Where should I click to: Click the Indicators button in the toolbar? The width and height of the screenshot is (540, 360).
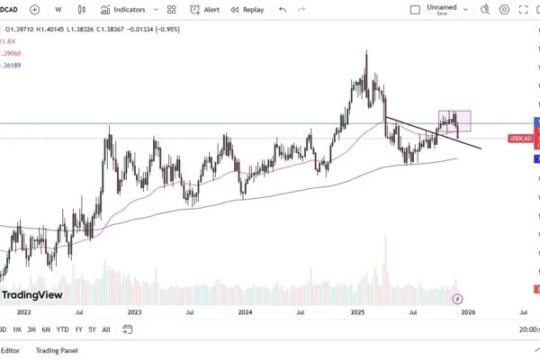click(x=122, y=10)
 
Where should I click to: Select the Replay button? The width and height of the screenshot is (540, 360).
click(x=247, y=10)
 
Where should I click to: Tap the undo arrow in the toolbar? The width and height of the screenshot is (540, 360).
click(x=283, y=10)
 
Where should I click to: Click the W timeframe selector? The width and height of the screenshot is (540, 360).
click(x=58, y=10)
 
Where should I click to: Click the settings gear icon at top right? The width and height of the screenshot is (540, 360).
click(x=504, y=10)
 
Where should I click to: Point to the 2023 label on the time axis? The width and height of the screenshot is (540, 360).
click(x=134, y=312)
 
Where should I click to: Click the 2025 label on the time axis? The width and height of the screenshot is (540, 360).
click(x=357, y=312)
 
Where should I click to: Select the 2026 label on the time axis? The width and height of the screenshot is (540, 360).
click(x=468, y=312)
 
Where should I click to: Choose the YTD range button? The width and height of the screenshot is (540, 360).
click(x=62, y=329)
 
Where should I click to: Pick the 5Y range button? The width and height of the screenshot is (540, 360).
click(x=92, y=329)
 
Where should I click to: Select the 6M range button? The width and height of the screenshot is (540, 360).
click(x=45, y=329)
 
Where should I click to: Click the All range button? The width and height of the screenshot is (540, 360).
click(x=106, y=329)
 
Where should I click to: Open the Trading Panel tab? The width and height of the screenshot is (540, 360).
click(x=57, y=350)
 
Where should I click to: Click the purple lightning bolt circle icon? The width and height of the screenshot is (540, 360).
click(x=457, y=298)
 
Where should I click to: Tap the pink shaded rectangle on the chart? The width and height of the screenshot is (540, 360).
click(x=454, y=121)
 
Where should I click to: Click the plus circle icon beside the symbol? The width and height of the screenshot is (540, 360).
click(x=34, y=10)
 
